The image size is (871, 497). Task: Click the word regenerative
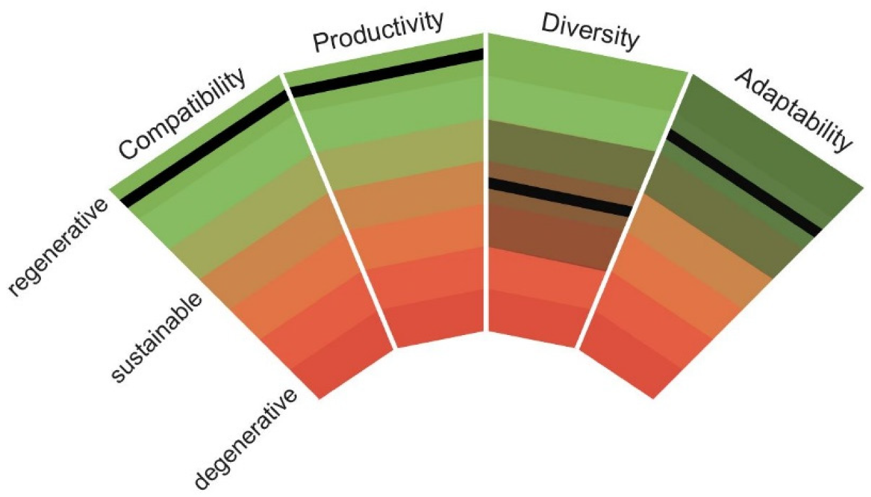pos(58,247)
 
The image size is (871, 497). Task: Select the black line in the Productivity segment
pos(387,73)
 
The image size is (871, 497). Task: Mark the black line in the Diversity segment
pos(560,197)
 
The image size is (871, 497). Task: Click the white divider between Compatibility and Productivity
pos(339,211)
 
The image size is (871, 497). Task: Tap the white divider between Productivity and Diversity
pos(485,182)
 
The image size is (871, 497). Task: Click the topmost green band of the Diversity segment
pos(579,62)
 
